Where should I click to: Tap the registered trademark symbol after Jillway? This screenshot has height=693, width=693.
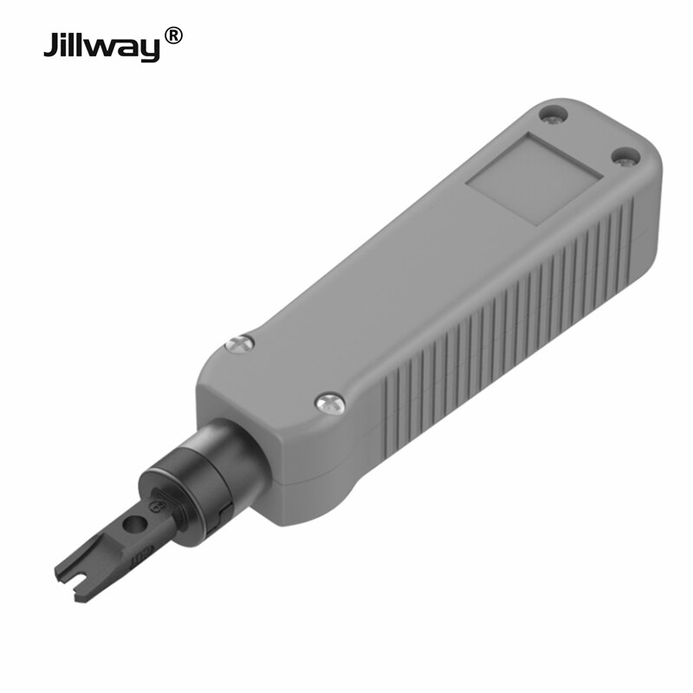pyautogui.click(x=173, y=36)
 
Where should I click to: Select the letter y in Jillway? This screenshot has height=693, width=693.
pyautogui.click(x=149, y=49)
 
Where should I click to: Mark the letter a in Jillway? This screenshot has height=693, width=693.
pyautogui.click(x=129, y=47)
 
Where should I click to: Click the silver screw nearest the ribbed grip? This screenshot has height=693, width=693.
pyautogui.click(x=329, y=402)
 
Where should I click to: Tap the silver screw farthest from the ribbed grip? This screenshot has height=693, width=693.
pyautogui.click(x=239, y=344)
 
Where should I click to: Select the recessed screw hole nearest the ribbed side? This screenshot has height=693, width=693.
pyautogui.click(x=625, y=157)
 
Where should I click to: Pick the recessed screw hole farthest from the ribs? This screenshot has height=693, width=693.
pyautogui.click(x=552, y=113)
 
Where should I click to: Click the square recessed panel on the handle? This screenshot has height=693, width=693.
pyautogui.click(x=534, y=179)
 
